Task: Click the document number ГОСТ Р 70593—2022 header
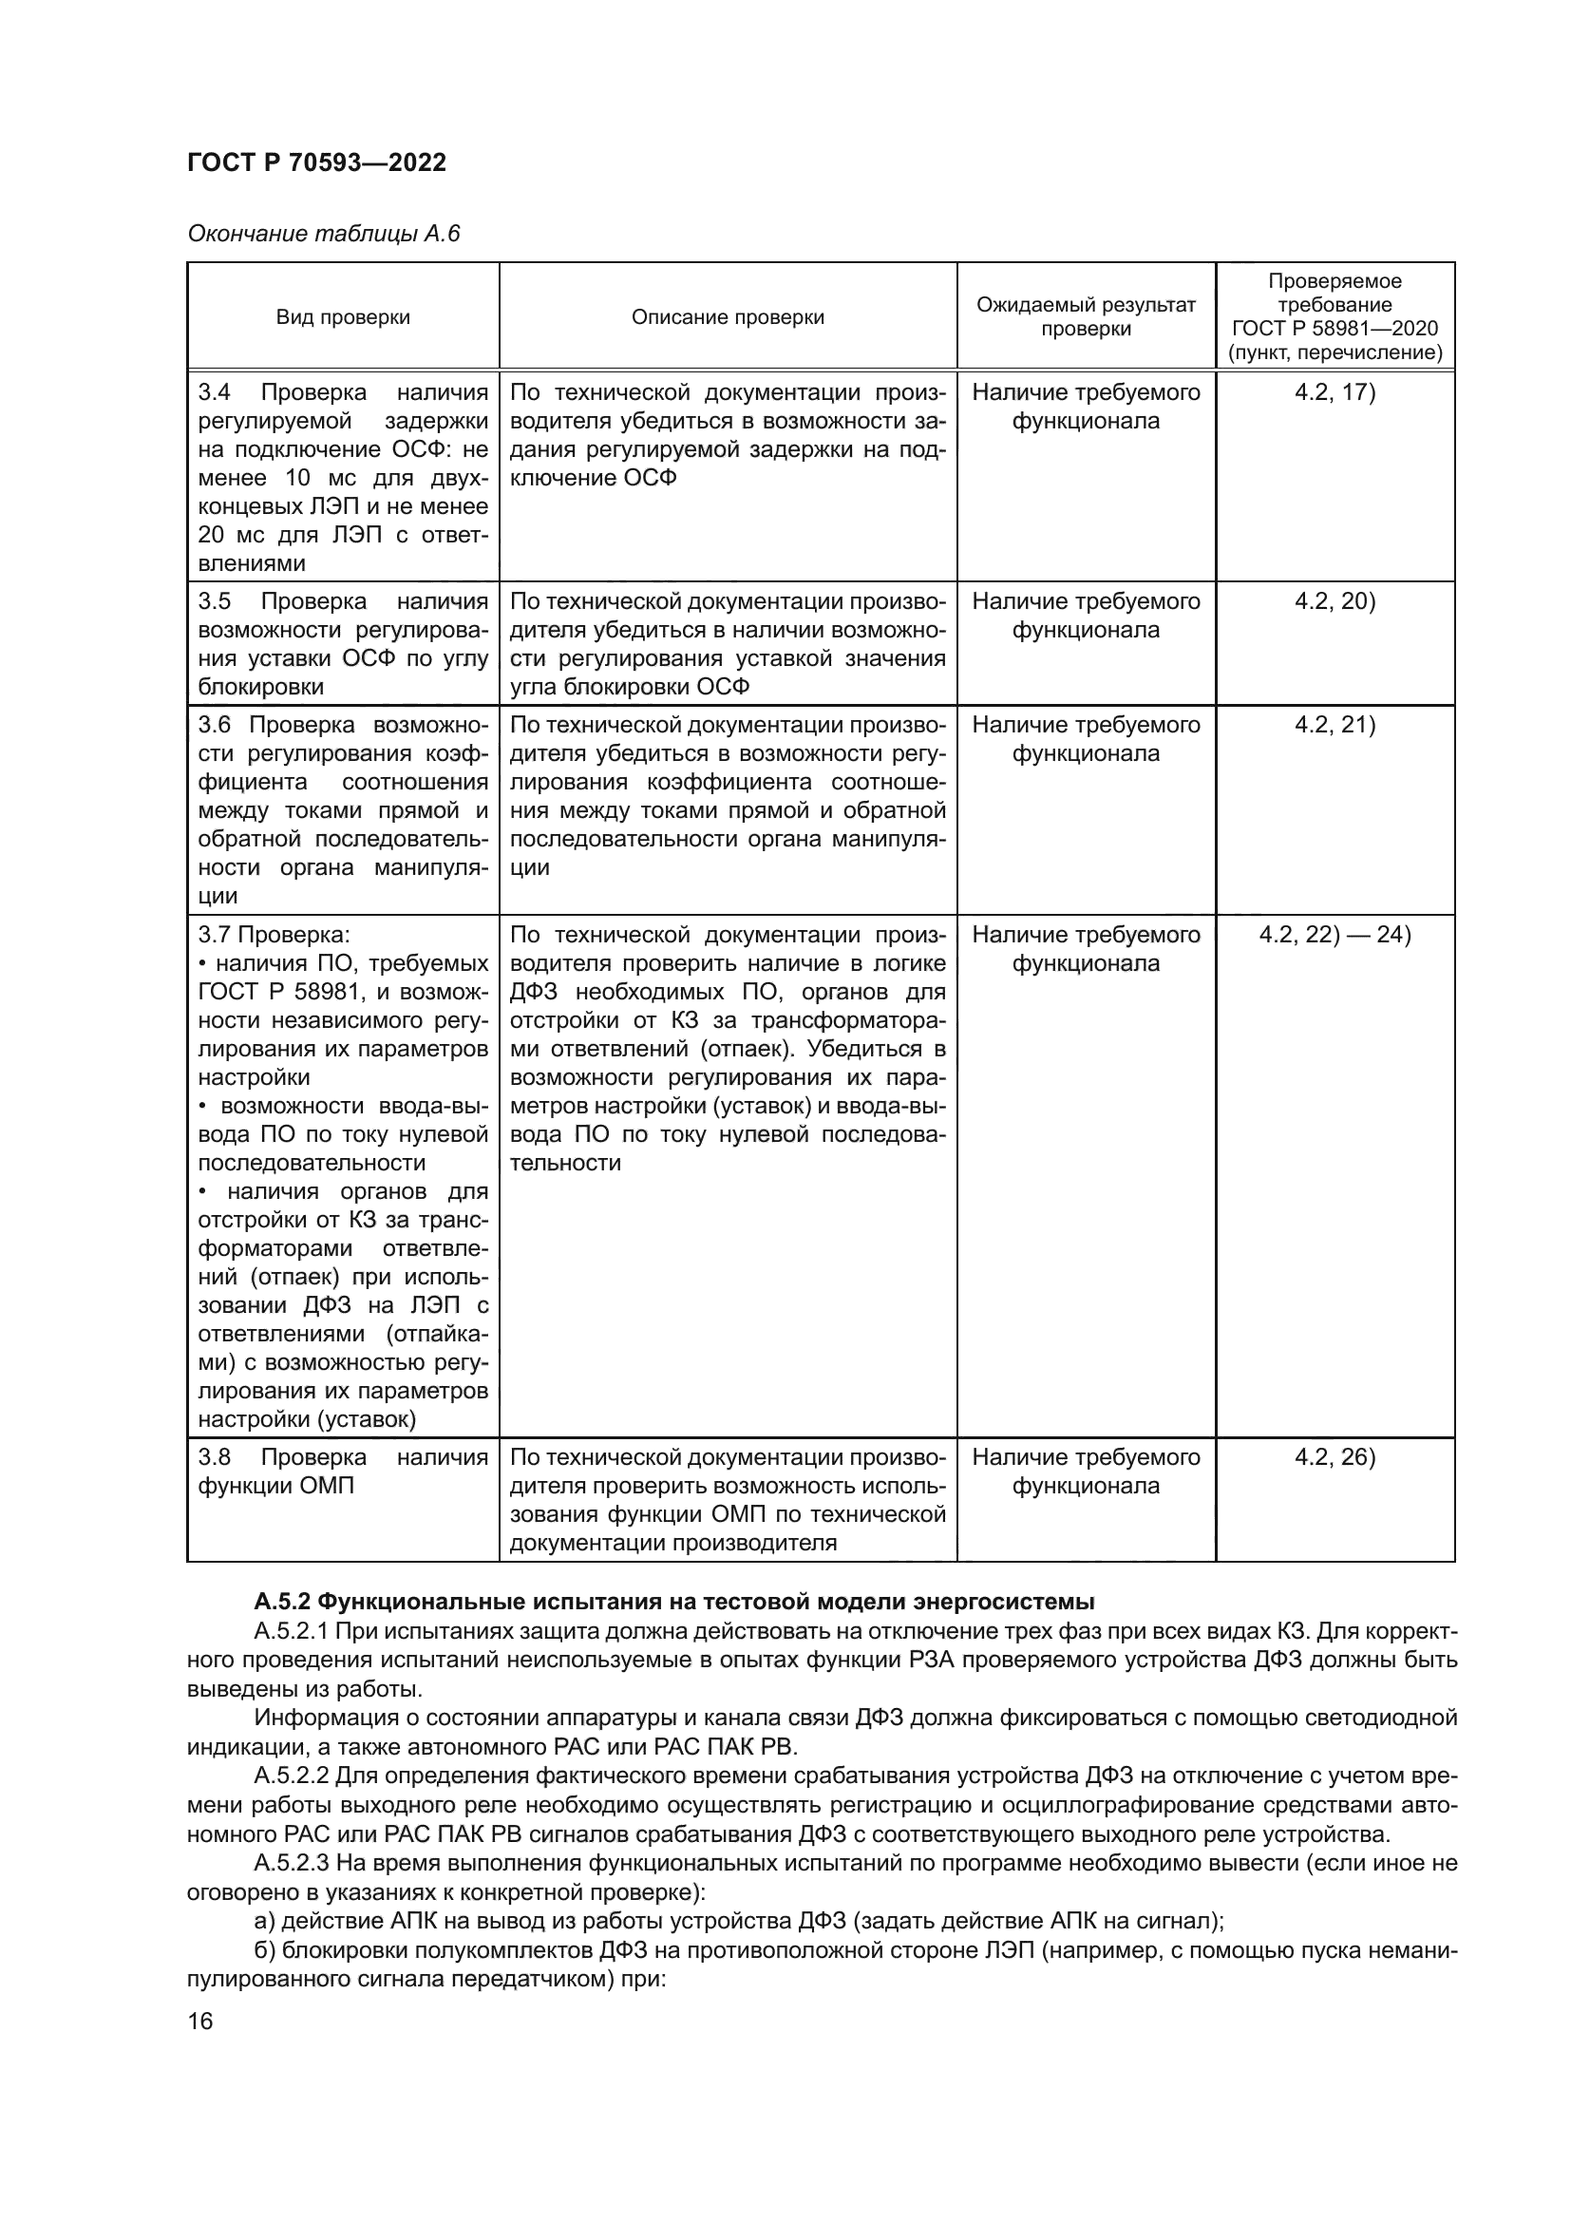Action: [316, 162]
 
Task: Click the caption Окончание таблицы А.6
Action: [323, 234]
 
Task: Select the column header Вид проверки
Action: [343, 317]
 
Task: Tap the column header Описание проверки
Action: [728, 317]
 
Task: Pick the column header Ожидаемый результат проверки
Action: [1086, 316]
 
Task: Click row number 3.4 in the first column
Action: [214, 392]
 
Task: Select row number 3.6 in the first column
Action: [214, 725]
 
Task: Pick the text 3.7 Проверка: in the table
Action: [274, 935]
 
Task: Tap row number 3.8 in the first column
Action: [214, 1457]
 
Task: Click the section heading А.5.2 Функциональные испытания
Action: [674, 1601]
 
